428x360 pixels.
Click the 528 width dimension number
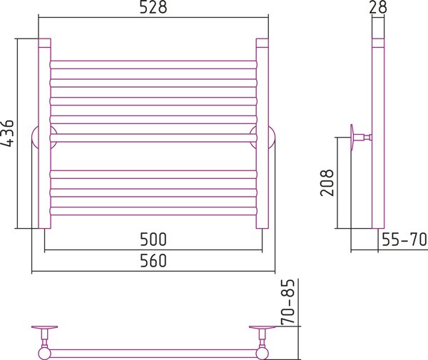pos(153,7)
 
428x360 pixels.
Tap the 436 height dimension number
pos(7,133)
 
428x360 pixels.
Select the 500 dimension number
pos(153,240)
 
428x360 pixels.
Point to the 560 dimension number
pos(153,261)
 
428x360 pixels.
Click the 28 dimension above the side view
pos(378,7)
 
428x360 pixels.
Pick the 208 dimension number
pos(327,182)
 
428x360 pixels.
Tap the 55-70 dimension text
pos(404,240)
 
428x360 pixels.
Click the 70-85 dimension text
pos(288,302)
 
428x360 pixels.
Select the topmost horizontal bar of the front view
pos(153,65)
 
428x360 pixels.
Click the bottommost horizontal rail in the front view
pos(153,211)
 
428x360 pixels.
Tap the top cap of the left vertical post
pos(44,43)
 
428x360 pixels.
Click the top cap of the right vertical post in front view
pos(262,43)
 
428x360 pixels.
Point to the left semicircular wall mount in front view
pos(34,138)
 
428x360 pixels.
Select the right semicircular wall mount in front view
pos(272,138)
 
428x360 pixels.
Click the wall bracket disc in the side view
pos(352,137)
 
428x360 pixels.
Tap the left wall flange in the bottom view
pos(44,327)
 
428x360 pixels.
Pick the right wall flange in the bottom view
pos(262,327)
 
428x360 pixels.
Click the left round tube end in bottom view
pos(44,354)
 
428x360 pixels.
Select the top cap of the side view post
pos(378,43)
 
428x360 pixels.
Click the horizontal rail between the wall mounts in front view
pos(153,138)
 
